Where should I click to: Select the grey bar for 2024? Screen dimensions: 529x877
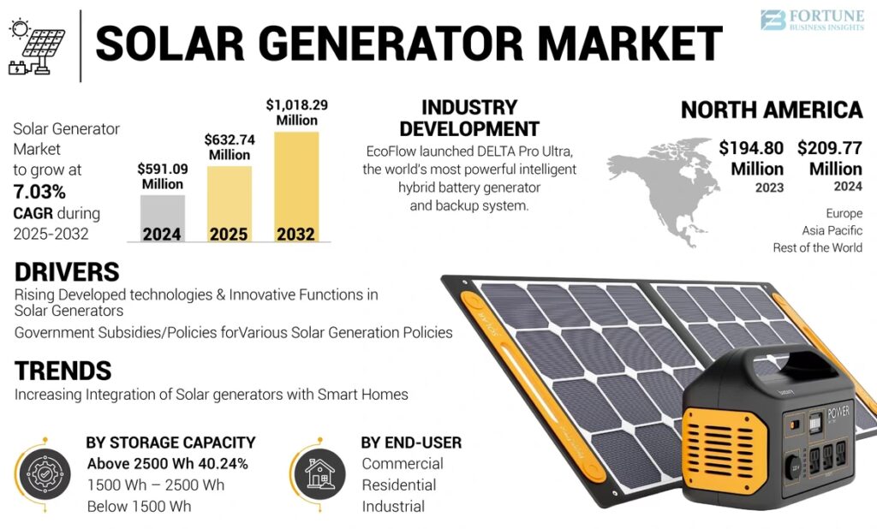[x=162, y=218]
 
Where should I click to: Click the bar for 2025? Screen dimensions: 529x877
[x=229, y=204]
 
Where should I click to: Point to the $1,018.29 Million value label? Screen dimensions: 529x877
[x=296, y=112]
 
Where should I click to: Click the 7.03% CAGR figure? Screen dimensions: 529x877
[x=39, y=191]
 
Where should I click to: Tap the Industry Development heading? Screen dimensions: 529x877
[x=469, y=118]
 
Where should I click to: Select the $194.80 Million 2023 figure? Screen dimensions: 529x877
[x=751, y=158]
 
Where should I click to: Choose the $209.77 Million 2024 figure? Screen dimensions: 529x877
[x=829, y=158]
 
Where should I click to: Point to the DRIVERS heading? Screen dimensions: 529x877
[x=67, y=272]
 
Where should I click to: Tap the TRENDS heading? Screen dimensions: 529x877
[x=63, y=371]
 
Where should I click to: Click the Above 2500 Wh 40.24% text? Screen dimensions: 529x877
[x=167, y=464]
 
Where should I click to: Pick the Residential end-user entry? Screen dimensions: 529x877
[x=398, y=485]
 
